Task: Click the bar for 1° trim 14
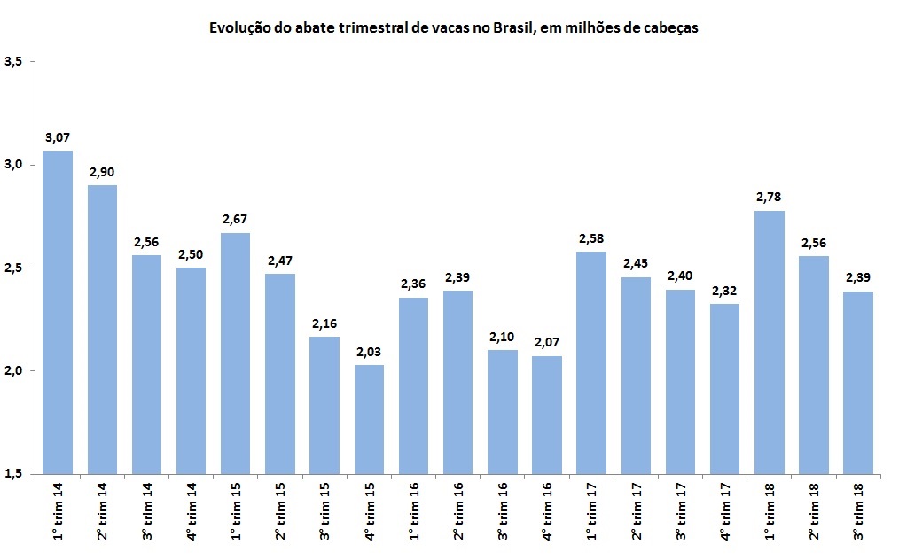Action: coord(58,312)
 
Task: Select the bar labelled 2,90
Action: coord(102,329)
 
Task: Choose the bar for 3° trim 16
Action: coord(503,411)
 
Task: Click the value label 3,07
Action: coord(58,137)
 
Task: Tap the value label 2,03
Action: coord(369,352)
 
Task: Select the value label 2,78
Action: coord(769,198)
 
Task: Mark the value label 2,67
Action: coord(236,220)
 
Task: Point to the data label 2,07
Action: coord(547,343)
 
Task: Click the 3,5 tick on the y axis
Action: coord(13,62)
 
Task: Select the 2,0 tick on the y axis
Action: coord(13,370)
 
